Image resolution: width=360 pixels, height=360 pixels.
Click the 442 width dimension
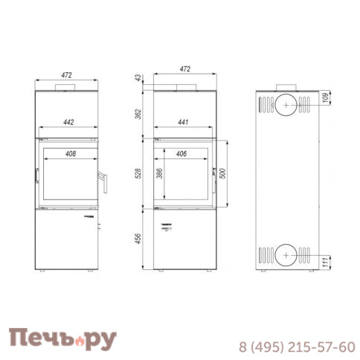click(x=68, y=123)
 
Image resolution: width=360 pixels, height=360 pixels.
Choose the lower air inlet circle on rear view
click(x=286, y=257)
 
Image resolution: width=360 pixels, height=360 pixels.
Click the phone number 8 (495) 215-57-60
click(x=297, y=347)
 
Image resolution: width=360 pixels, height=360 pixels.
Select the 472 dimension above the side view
click(x=185, y=69)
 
